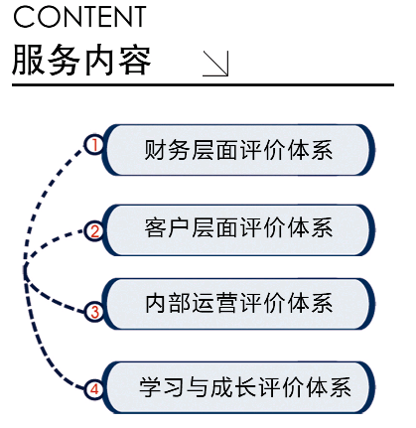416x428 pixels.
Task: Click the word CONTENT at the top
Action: (x=79, y=17)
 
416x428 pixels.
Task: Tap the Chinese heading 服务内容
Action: (x=81, y=61)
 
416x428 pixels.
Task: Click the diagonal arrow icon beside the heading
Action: (x=215, y=64)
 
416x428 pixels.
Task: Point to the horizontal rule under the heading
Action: (x=203, y=85)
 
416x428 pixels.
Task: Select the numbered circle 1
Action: (x=94, y=145)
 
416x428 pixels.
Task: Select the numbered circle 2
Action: (x=94, y=231)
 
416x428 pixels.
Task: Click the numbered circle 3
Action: (x=94, y=312)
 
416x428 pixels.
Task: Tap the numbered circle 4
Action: (x=94, y=389)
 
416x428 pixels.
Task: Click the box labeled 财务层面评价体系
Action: (x=238, y=150)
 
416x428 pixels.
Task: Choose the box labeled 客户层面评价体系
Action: (x=238, y=230)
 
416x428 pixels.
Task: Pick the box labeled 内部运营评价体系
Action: (x=238, y=304)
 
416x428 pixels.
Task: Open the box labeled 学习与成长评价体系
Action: (x=238, y=387)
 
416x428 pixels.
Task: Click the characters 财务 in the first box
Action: (x=167, y=150)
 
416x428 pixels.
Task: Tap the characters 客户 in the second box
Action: (x=167, y=227)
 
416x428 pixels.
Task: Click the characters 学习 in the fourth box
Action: (x=161, y=387)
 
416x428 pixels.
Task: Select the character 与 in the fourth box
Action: (x=198, y=387)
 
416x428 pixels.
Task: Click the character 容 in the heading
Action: (x=134, y=61)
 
